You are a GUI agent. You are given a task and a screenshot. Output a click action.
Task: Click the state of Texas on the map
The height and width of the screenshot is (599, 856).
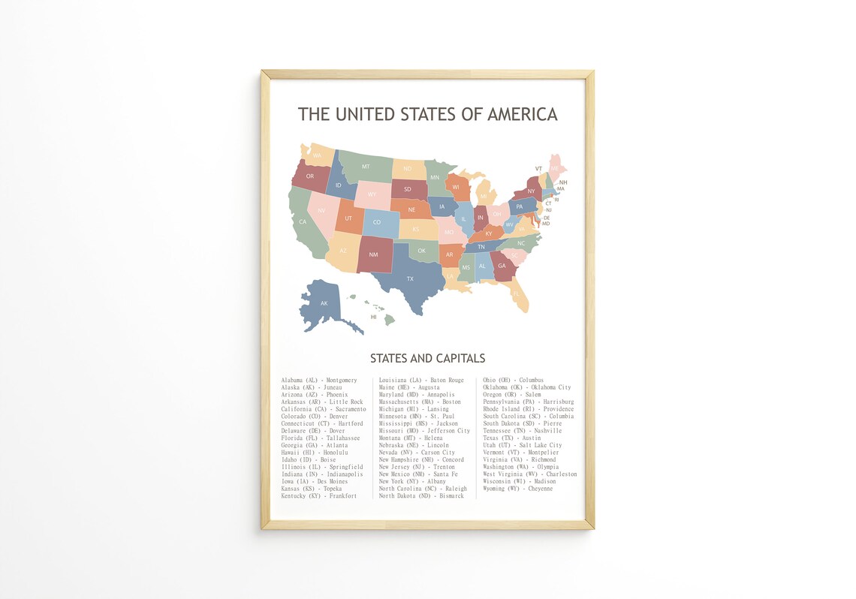coord(410,279)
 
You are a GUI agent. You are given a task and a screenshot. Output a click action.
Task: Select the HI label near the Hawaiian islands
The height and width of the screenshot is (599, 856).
coord(373,317)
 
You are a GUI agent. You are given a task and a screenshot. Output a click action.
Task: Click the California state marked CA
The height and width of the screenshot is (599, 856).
coord(303,221)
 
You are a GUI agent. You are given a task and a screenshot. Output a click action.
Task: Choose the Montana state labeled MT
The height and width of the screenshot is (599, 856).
coord(366,167)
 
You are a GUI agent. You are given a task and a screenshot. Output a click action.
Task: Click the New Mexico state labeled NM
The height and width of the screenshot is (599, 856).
coord(373,254)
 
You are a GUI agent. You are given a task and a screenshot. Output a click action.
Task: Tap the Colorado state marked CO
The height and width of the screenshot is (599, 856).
coord(376,222)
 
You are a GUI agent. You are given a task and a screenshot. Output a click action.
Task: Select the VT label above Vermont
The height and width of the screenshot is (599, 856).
coord(538,169)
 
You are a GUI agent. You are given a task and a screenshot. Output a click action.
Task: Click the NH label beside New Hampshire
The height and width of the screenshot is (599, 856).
coord(562,182)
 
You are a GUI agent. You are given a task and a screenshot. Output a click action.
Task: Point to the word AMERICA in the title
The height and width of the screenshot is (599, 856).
coord(522,114)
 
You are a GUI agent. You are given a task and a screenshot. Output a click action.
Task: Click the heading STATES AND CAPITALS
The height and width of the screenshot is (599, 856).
coord(427,358)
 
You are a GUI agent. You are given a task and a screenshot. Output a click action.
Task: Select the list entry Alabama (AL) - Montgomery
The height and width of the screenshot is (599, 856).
coord(319,381)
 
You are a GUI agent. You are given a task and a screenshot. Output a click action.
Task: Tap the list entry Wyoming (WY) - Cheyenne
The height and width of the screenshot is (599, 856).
coord(517,489)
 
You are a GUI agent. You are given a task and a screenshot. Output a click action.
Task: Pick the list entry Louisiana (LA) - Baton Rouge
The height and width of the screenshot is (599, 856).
coord(421,381)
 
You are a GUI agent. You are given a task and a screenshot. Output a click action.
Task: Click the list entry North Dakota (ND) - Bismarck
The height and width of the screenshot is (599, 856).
coord(421,496)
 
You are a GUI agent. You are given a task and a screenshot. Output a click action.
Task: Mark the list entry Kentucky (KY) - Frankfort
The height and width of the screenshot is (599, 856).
coord(319,496)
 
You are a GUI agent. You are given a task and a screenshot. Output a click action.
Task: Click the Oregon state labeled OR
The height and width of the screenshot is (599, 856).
coord(310,176)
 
